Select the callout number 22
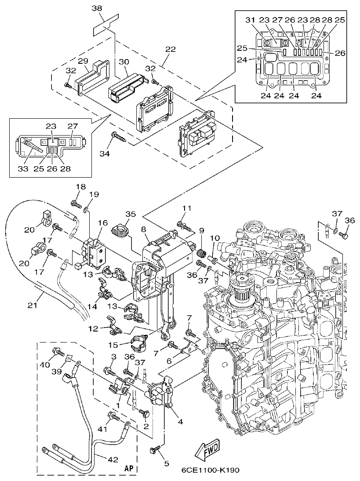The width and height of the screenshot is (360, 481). [170, 49]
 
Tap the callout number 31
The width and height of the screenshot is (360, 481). [249, 20]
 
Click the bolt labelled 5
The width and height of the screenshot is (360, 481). [155, 449]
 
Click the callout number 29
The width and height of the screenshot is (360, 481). [84, 61]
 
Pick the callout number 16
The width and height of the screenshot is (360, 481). [103, 223]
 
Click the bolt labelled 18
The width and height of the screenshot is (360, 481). [76, 204]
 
